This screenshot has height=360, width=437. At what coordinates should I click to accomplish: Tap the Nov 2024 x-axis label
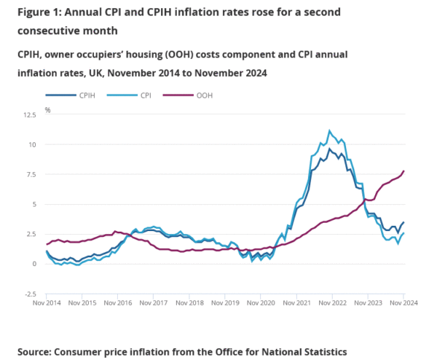404,302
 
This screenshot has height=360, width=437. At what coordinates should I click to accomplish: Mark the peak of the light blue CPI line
329,131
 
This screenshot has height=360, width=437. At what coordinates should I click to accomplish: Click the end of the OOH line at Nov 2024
404,171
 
